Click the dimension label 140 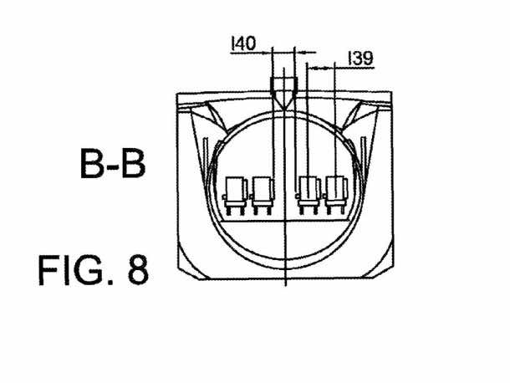[x=243, y=43]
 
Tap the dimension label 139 [x=360, y=59]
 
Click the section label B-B [x=113, y=163]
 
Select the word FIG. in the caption [x=76, y=270]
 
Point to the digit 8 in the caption [x=138, y=270]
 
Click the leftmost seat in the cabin [x=235, y=195]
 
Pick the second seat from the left [x=263, y=195]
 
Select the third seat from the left [x=308, y=195]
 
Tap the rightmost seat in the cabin [x=336, y=195]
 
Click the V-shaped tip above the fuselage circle [x=284, y=109]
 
